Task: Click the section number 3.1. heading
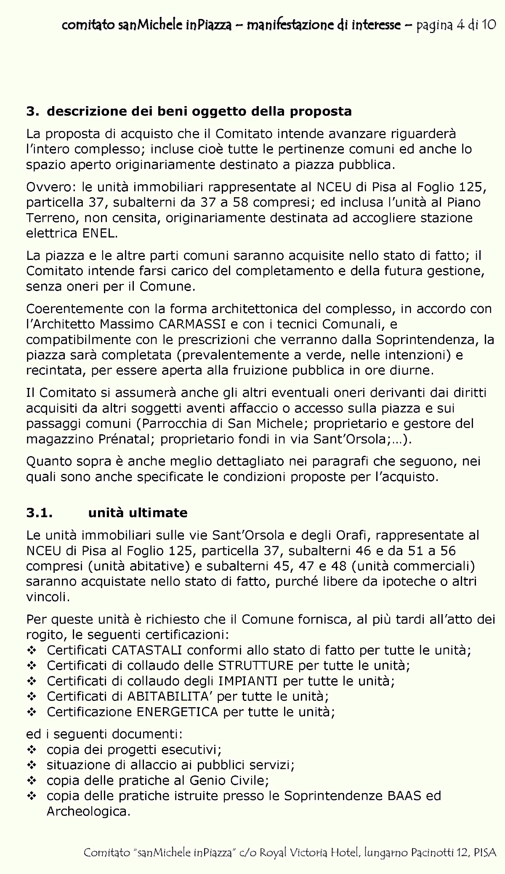pos(40,513)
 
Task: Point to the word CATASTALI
pos(147,650)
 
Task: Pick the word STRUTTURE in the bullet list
pos(256,666)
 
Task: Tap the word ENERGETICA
pos(178,712)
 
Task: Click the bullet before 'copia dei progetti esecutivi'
pos(32,750)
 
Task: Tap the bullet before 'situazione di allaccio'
pos(32,765)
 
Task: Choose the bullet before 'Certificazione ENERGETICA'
pos(32,712)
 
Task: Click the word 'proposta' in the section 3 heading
pos(321,112)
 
